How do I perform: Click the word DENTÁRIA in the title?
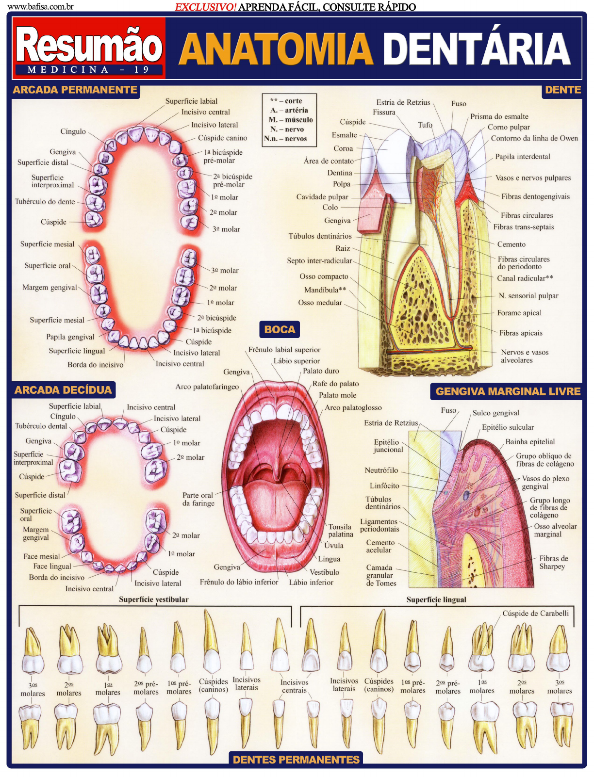click(476, 49)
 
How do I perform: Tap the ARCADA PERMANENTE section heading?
click(75, 90)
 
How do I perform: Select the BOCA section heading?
click(280, 330)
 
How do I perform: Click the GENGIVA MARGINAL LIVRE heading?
click(508, 391)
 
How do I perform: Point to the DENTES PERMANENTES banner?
click(296, 760)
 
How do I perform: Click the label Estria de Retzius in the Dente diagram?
click(403, 102)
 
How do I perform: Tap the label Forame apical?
click(519, 313)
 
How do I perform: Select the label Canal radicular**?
click(525, 278)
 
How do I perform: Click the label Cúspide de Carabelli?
click(535, 614)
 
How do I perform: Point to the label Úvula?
click(334, 545)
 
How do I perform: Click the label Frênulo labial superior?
click(284, 350)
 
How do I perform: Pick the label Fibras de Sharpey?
click(553, 563)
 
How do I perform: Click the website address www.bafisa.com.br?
click(41, 7)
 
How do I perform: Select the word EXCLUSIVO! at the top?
click(206, 7)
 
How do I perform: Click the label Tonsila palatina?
click(340, 530)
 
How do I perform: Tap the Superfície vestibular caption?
click(154, 599)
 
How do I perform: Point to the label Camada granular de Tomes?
click(381, 575)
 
